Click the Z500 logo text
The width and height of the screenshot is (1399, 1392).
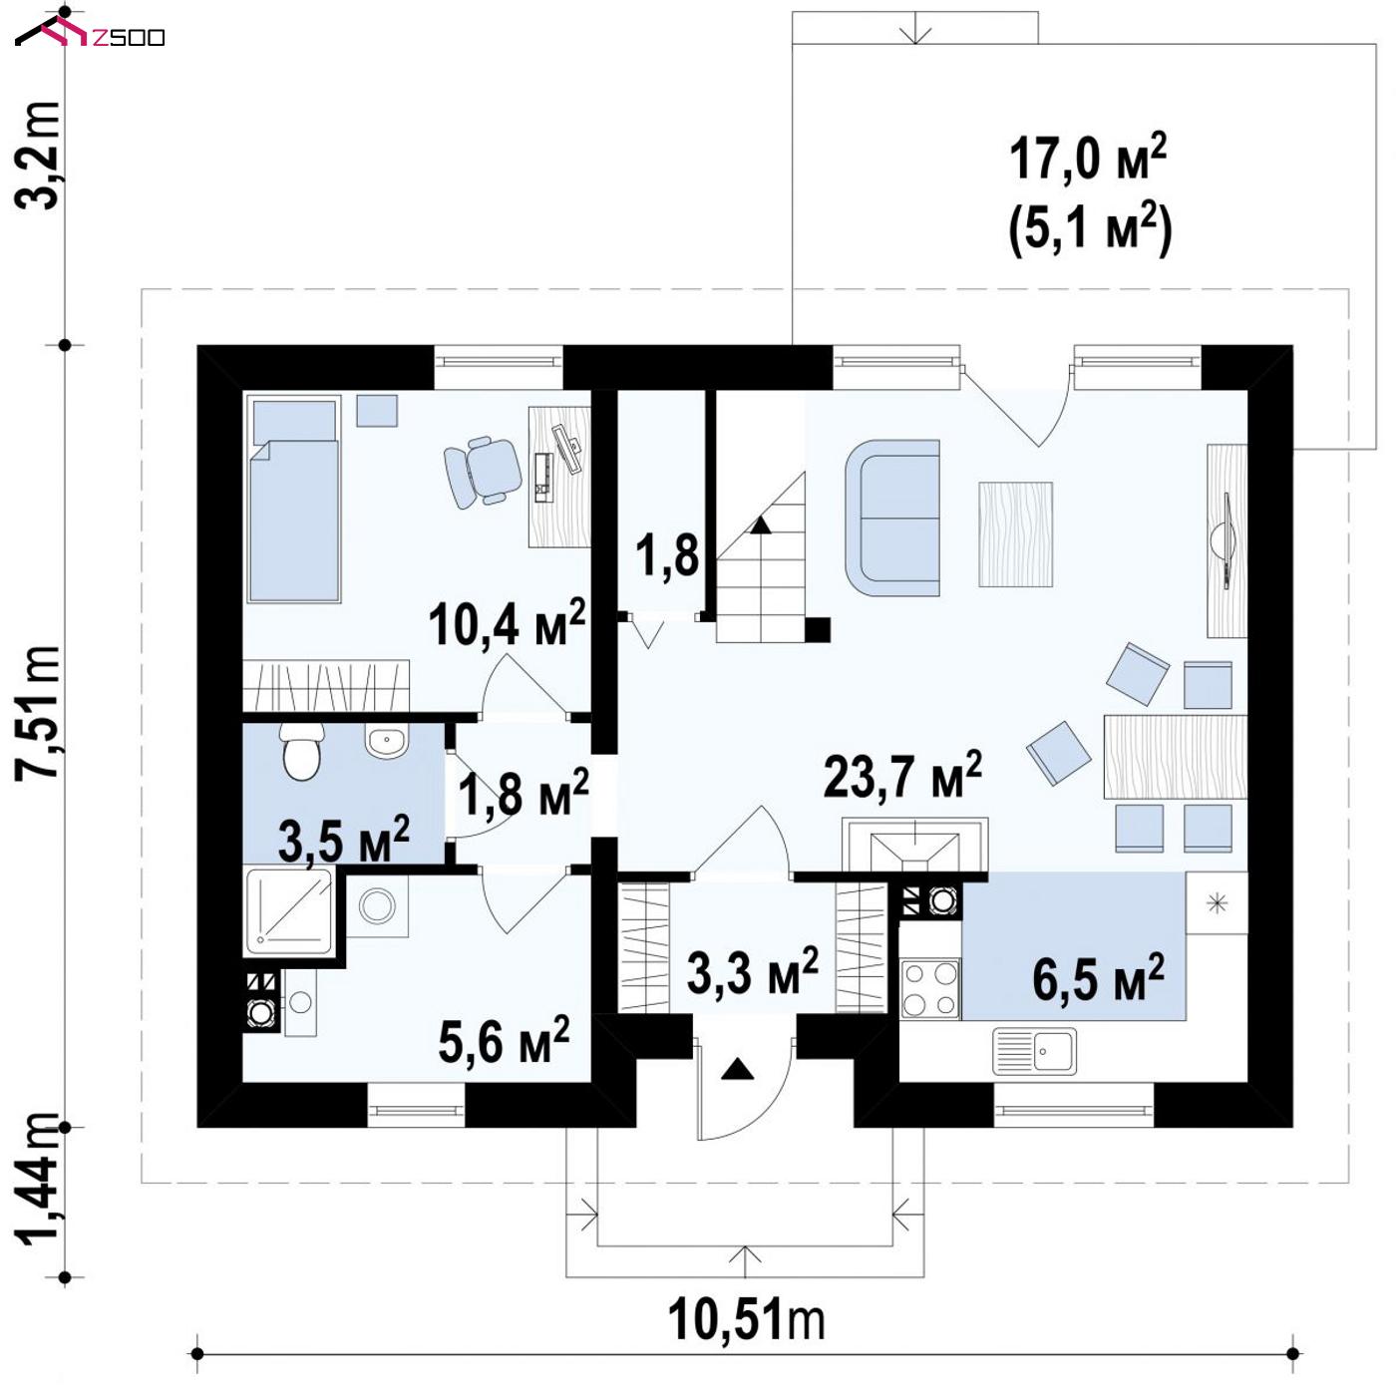(x=129, y=37)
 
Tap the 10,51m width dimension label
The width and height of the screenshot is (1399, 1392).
(x=746, y=1320)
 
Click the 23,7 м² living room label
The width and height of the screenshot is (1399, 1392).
(x=902, y=776)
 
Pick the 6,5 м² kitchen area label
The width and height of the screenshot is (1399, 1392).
(x=1099, y=978)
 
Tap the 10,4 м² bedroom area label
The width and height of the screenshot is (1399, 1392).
(x=507, y=622)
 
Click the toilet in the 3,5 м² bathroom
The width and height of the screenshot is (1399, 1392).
(x=301, y=751)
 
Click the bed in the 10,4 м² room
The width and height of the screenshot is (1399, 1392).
(x=294, y=499)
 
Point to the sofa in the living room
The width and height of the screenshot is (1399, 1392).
(x=892, y=518)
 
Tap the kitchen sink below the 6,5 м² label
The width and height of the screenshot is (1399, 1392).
(x=1035, y=1051)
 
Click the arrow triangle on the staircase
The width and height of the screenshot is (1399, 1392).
(x=760, y=525)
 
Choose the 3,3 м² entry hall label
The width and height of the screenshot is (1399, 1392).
(x=753, y=972)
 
